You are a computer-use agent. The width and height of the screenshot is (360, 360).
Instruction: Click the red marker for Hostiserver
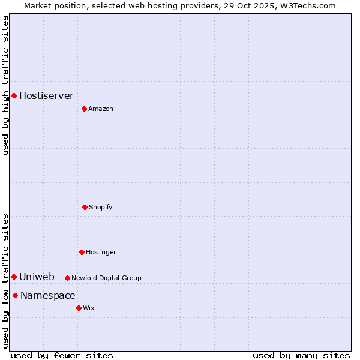click(14, 95)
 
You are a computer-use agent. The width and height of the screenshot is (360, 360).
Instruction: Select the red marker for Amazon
click(84, 109)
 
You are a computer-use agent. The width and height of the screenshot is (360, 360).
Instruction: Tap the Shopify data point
click(85, 207)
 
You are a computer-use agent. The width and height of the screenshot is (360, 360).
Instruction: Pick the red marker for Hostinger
click(82, 252)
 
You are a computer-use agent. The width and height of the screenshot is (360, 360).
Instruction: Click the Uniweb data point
click(14, 277)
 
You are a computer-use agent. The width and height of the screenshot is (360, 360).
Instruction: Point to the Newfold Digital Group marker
click(67, 278)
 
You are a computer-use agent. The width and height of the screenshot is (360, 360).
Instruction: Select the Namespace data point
click(15, 295)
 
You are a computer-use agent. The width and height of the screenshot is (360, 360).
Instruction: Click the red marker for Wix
click(79, 308)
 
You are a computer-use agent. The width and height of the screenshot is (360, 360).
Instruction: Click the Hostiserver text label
click(46, 95)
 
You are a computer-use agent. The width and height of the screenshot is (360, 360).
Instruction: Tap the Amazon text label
click(101, 109)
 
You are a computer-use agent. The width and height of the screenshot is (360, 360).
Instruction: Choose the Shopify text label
click(101, 207)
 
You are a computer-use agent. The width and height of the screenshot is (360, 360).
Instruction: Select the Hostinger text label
click(101, 252)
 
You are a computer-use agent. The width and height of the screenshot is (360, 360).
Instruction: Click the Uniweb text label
click(37, 277)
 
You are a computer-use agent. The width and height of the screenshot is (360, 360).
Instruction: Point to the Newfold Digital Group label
click(106, 278)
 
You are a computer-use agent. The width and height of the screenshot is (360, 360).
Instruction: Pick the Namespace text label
click(47, 295)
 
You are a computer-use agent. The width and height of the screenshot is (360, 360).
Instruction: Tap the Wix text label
click(89, 308)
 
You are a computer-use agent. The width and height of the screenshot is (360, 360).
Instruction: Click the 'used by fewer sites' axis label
click(62, 355)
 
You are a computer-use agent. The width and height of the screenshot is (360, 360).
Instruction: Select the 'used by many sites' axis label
click(301, 355)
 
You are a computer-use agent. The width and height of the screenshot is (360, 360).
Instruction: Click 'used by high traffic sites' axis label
click(5, 85)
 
